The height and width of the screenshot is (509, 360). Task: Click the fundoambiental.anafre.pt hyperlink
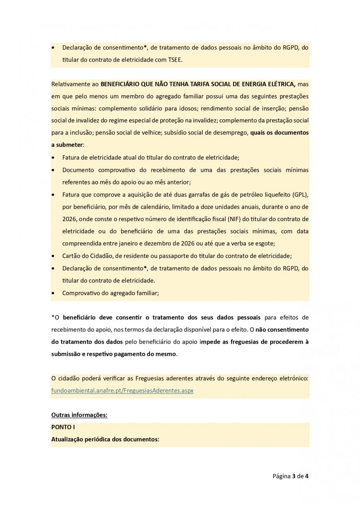click(x=122, y=390)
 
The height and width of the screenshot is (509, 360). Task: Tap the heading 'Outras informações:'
click(x=79, y=415)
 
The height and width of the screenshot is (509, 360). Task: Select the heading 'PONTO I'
click(x=63, y=427)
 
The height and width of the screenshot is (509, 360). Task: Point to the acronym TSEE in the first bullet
click(x=176, y=59)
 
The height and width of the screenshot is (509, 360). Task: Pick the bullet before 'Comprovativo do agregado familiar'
click(x=54, y=293)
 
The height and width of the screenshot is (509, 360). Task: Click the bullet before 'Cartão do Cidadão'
click(x=54, y=256)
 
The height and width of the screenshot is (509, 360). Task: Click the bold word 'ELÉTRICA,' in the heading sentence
click(x=281, y=84)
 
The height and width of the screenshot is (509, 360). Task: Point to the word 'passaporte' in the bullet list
click(x=183, y=256)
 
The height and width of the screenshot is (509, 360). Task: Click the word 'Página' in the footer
click(x=281, y=476)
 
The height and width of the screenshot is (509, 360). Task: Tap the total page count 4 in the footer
click(x=307, y=476)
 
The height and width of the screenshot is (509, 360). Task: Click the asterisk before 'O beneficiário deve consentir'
click(x=53, y=317)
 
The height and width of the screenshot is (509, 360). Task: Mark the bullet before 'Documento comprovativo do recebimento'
click(x=54, y=170)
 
